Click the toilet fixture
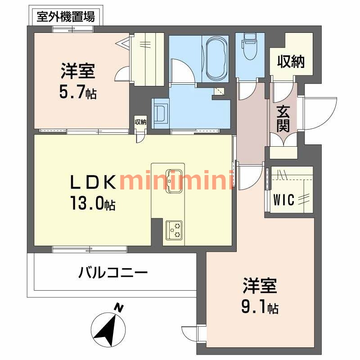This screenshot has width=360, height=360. (249, 45)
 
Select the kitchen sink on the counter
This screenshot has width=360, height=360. (174, 180)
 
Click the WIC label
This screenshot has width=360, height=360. (285, 199)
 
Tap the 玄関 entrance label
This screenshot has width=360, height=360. (283, 118)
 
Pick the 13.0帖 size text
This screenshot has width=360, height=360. (93, 205)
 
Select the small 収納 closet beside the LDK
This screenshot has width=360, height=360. (140, 122)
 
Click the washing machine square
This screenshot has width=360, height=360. (161, 112)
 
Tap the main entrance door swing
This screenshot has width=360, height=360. (320, 112)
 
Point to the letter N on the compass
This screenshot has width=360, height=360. (119, 308)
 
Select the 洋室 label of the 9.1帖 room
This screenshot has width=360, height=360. (260, 286)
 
